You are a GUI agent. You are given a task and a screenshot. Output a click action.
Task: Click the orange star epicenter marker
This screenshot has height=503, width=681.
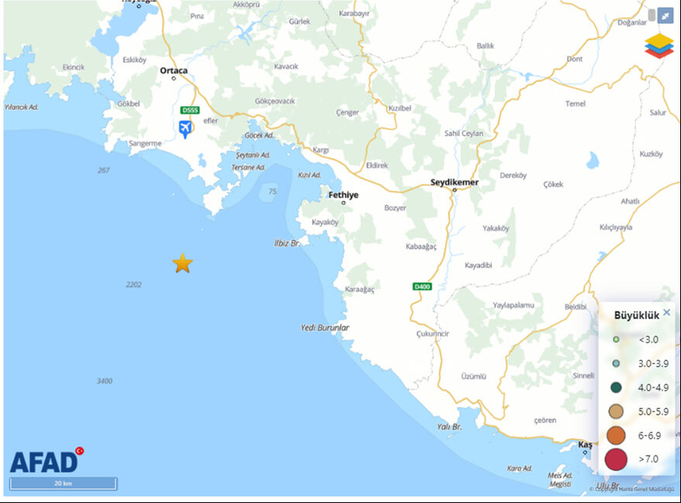click(182, 264)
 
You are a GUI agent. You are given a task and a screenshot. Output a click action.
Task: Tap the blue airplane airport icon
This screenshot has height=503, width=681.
click(185, 128)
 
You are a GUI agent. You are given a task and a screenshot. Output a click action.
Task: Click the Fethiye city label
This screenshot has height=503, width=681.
click(343, 195)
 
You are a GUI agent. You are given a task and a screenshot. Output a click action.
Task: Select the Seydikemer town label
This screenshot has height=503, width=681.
click(455, 183)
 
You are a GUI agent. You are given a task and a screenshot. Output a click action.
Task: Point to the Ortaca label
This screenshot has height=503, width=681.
click(174, 71)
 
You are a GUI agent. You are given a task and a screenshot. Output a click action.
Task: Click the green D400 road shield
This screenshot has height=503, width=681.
click(421, 287)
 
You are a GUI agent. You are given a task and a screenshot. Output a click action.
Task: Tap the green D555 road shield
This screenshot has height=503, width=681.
click(189, 110)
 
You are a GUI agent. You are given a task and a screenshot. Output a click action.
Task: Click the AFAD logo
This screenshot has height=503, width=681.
click(45, 462)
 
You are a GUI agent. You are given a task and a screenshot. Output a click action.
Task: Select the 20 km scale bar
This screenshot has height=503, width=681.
click(64, 484)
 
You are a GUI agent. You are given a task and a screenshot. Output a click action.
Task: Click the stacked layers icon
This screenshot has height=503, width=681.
click(659, 45)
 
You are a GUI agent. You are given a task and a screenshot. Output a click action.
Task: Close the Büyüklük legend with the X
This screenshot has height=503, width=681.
click(666, 312)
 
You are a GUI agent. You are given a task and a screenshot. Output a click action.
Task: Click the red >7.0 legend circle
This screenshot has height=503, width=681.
click(616, 459)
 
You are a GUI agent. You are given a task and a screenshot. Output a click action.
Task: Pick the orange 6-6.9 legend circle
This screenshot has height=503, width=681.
click(616, 436)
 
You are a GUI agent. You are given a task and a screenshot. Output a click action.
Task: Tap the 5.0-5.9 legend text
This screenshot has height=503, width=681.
click(653, 412)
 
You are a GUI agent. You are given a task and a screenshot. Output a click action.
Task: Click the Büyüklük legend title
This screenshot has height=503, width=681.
click(636, 315)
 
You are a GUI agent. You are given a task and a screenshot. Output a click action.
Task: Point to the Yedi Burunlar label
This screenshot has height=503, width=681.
click(325, 328)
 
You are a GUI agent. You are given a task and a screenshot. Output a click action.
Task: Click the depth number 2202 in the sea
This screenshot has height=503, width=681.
click(133, 285)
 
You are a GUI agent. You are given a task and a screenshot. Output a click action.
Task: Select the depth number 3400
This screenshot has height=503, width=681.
click(105, 381)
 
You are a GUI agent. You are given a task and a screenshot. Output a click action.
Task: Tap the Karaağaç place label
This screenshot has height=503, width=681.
click(360, 289)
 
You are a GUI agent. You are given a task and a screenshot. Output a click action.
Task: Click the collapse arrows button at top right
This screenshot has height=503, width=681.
click(666, 16)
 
